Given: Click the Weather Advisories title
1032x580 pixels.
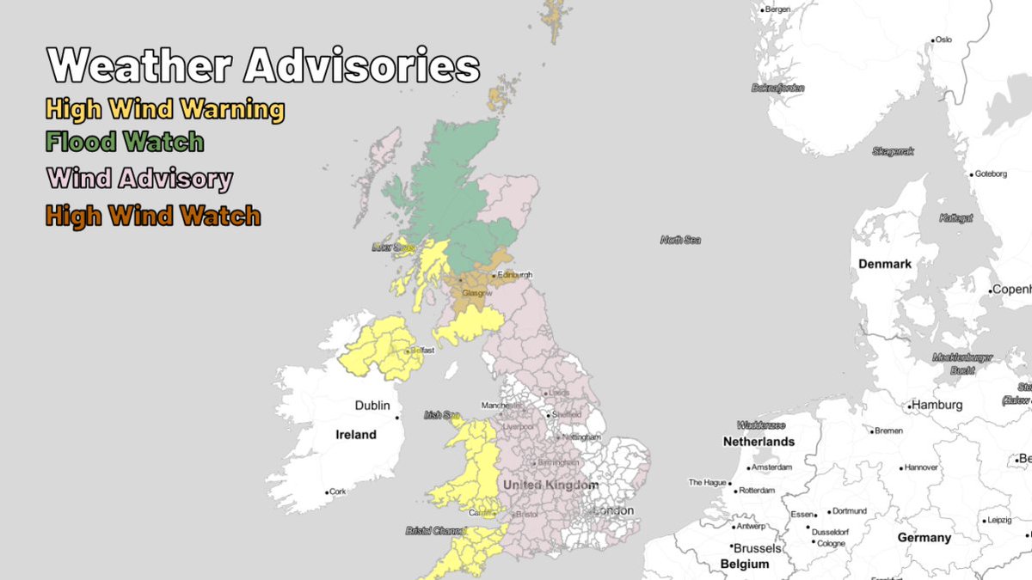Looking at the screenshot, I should click(x=263, y=65).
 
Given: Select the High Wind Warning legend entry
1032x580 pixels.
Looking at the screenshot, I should click(x=164, y=109).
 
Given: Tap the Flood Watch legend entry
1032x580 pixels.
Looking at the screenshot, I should click(x=125, y=141).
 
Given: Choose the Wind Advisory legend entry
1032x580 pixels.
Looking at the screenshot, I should click(x=139, y=179).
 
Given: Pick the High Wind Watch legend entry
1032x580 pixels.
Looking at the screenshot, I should click(x=152, y=215).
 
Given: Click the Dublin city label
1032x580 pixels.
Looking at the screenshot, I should click(x=372, y=406).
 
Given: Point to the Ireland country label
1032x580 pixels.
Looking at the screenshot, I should click(x=356, y=435).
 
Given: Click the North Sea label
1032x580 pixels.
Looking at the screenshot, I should click(x=680, y=240).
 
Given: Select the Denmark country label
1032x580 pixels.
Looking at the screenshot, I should click(x=884, y=264).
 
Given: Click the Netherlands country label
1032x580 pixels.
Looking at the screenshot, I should click(x=759, y=442).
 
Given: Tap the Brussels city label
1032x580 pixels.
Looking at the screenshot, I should click(x=756, y=548).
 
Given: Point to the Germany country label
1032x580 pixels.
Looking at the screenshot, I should click(x=924, y=538).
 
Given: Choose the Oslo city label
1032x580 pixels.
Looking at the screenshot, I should click(x=943, y=40).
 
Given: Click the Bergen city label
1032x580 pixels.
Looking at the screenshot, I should click(x=777, y=9).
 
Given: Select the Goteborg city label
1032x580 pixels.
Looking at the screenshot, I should click(x=990, y=174).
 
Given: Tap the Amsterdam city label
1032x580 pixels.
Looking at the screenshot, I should click(x=771, y=468).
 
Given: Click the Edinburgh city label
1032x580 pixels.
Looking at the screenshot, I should click(x=514, y=275).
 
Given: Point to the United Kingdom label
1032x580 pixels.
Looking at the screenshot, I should click(x=550, y=485).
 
